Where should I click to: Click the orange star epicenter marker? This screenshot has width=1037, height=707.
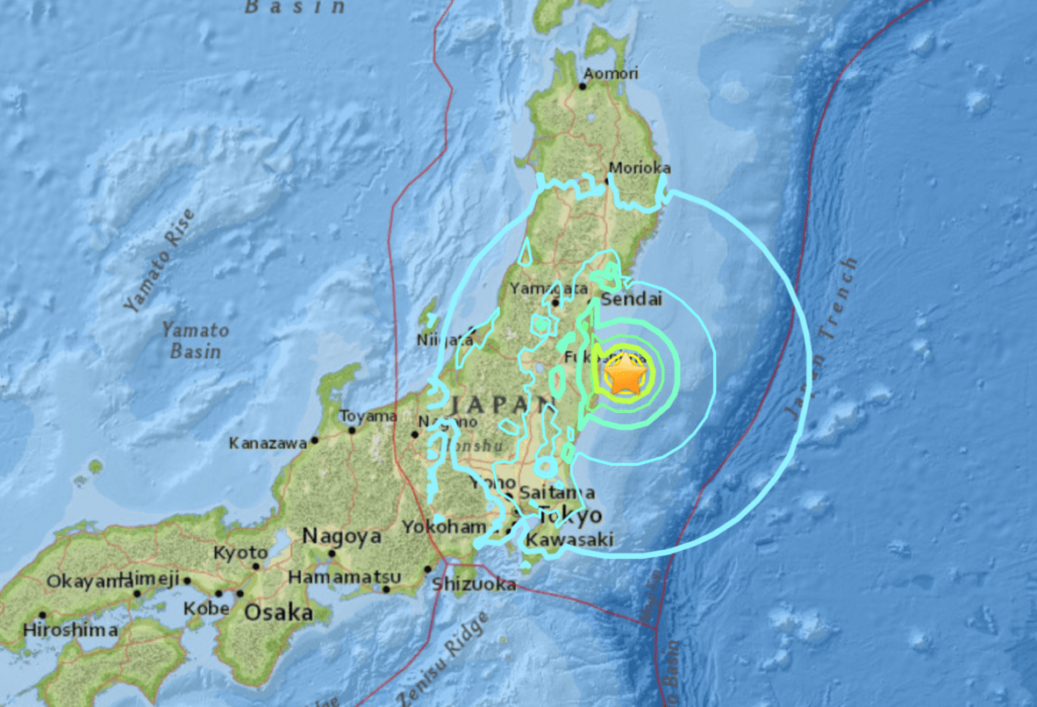625,375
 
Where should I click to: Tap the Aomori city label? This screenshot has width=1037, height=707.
611,74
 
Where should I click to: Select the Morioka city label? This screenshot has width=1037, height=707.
640,168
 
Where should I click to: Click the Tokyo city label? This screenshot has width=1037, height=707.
570,515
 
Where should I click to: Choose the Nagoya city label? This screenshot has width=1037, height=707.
341,536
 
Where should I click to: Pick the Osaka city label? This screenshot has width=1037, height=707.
278,612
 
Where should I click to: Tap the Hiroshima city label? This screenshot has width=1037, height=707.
70,630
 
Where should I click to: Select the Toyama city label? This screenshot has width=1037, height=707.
368,416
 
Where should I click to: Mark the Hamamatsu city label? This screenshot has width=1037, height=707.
358,576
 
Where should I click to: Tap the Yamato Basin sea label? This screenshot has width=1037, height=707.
195,341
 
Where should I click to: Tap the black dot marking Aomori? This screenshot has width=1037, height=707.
583,85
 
